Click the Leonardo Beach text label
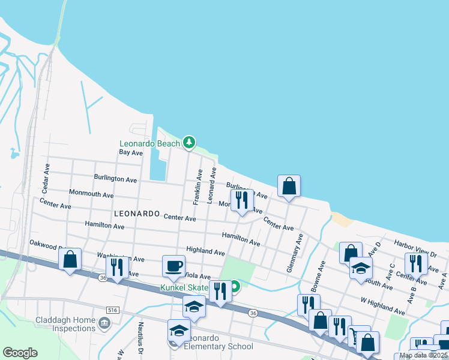coord(149,143)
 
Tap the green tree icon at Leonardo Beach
coord(190,143)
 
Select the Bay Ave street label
coord(130,152)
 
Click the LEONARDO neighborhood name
coord(136,214)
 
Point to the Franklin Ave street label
coord(196,187)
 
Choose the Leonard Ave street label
coord(211,185)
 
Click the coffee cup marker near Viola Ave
coord(173,266)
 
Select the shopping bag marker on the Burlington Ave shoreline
coord(289,186)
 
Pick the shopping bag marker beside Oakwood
coord(70,259)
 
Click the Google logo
coord(20,352)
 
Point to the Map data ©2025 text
coord(423,355)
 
